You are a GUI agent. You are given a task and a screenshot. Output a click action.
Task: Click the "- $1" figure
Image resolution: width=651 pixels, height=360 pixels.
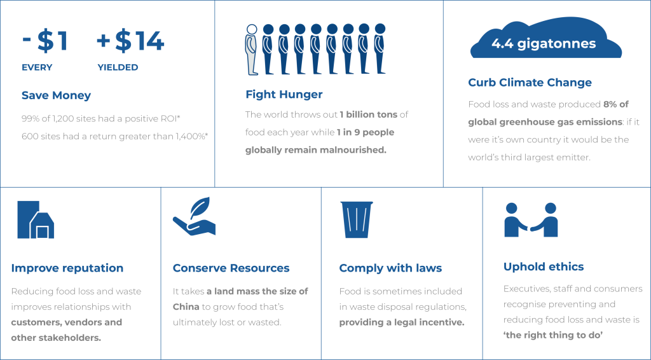click(45, 41)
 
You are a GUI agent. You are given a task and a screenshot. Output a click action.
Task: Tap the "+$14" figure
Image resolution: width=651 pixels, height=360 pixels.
click(130, 41)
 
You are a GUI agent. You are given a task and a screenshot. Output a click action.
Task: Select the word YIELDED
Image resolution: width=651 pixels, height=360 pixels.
click(118, 67)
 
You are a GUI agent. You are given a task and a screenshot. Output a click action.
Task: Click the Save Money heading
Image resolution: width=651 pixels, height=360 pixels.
click(56, 95)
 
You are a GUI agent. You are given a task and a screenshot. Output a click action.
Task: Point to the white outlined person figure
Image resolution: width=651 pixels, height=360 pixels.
click(251, 50)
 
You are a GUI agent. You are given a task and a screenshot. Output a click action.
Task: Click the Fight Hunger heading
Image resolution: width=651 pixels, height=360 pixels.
click(284, 95)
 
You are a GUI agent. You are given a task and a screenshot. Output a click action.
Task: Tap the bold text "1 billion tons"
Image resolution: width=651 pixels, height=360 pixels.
click(368, 114)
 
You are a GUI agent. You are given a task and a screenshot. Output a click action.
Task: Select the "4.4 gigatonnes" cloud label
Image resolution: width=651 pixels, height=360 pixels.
click(544, 44)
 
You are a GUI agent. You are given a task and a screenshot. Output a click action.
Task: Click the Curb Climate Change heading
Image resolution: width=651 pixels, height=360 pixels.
click(530, 82)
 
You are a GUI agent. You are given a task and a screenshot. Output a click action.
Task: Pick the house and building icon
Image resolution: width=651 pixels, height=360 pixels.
click(36, 219)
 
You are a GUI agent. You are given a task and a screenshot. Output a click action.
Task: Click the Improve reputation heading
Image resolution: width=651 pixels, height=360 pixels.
click(67, 268)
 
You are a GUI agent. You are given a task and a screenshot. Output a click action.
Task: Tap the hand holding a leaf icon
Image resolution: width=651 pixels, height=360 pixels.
click(195, 216)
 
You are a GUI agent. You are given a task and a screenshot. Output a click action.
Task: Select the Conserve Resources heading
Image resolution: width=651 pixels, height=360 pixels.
click(231, 268)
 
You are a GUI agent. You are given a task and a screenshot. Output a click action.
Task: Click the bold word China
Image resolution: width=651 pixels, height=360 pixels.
click(186, 307)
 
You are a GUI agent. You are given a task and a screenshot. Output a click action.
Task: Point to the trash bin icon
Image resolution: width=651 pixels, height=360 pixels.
click(357, 219)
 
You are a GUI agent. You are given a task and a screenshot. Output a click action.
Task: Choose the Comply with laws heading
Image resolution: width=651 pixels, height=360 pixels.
click(390, 268)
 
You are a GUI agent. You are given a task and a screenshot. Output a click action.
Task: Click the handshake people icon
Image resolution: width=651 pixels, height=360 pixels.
click(531, 220)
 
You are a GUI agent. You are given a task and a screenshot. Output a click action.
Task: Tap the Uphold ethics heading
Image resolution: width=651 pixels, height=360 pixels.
click(544, 267)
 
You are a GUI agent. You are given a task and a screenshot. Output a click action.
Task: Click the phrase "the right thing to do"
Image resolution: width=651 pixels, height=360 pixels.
click(553, 335)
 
